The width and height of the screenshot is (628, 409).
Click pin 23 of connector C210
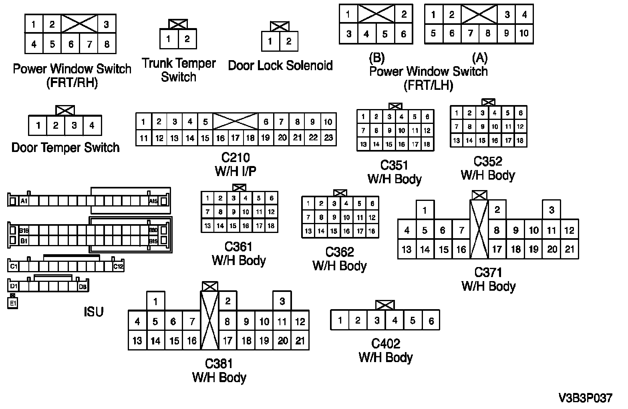(x=328, y=138)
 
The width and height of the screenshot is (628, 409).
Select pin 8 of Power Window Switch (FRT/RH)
(x=107, y=44)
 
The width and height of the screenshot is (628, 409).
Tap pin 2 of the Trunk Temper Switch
(x=187, y=39)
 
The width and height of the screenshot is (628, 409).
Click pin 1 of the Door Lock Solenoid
(x=270, y=41)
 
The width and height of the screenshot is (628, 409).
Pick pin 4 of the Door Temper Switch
(x=92, y=126)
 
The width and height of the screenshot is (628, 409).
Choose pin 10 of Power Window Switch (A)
(x=524, y=33)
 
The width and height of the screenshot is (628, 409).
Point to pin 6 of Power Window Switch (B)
(x=403, y=34)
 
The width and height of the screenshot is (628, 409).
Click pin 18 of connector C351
(x=427, y=144)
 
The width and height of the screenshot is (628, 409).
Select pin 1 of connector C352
(x=457, y=113)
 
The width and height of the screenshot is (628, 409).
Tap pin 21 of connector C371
(x=569, y=249)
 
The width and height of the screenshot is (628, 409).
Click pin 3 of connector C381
(x=282, y=301)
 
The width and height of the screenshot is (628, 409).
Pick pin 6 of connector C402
(x=431, y=321)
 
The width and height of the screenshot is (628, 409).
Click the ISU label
(x=94, y=312)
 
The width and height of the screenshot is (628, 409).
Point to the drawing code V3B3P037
(x=585, y=398)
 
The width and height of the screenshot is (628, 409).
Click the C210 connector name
(x=235, y=157)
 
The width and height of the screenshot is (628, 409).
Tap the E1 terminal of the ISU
(x=13, y=304)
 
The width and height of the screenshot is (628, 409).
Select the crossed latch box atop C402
(x=385, y=305)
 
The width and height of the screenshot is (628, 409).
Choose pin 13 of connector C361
(x=207, y=226)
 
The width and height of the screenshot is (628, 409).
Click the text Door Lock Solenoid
(x=280, y=65)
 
